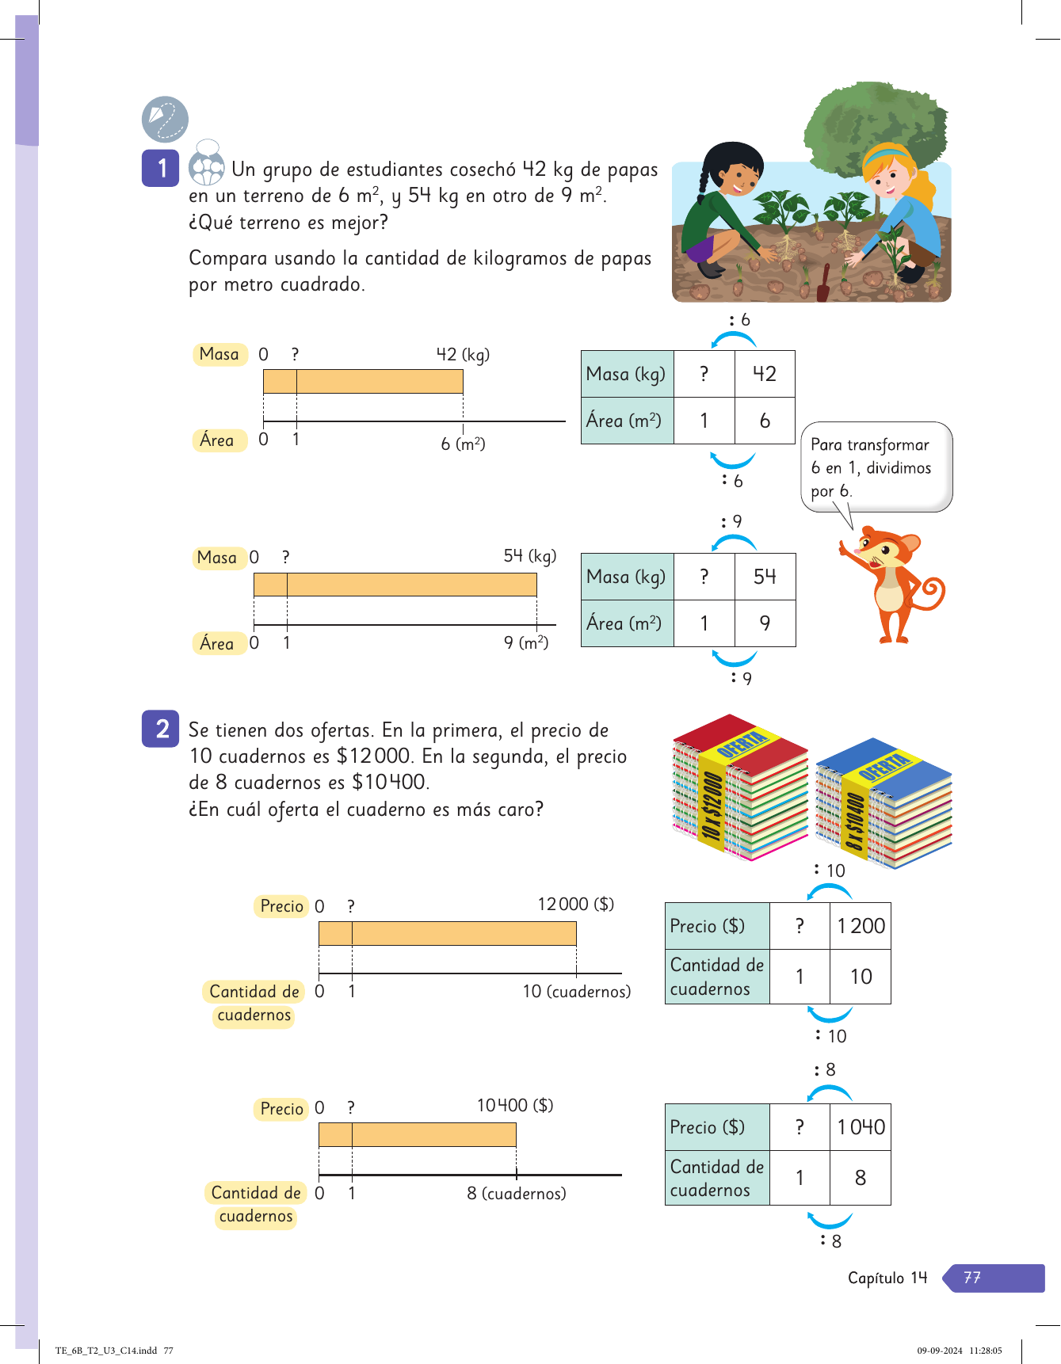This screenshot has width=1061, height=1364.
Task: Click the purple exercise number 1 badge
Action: coord(160,168)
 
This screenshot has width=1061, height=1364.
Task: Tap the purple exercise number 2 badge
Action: coord(160,729)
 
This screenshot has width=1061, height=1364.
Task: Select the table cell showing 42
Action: coord(764,374)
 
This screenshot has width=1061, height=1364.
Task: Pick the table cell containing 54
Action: coord(765,577)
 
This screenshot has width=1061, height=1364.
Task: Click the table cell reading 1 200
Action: coord(861,926)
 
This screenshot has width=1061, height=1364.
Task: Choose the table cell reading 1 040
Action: coord(861,1127)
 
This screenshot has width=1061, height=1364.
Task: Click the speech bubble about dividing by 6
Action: coord(876,467)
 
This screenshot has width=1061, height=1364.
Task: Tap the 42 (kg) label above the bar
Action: coord(463,355)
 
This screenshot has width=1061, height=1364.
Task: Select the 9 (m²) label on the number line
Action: coord(526,642)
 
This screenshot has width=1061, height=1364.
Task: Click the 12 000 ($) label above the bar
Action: coord(575,905)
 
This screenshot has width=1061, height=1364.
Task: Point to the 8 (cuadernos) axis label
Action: coord(517,1193)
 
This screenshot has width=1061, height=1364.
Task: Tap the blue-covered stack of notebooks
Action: coord(884,804)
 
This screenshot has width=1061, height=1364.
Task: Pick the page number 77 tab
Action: coord(994,1278)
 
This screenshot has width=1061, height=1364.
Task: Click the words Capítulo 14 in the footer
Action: coord(887,1278)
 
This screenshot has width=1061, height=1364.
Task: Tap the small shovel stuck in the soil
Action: coord(824,281)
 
